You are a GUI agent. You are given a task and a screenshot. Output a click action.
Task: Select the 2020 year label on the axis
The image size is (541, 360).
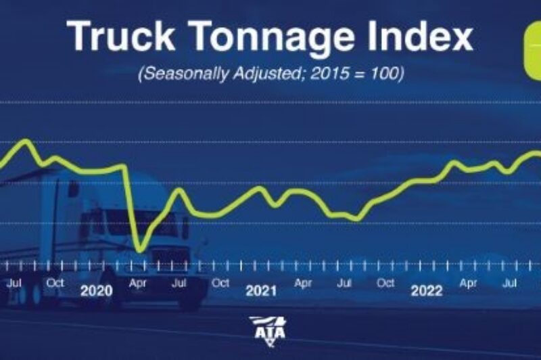(97, 291)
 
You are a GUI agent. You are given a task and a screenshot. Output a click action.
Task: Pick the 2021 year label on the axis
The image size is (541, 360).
(261, 291)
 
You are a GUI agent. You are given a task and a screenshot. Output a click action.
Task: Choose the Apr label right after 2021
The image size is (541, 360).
(303, 284)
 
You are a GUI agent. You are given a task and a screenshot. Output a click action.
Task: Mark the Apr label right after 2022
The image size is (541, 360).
(467, 284)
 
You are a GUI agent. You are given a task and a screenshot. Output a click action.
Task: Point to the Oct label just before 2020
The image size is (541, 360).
(55, 283)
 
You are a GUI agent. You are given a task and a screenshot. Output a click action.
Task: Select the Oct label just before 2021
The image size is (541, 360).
(220, 283)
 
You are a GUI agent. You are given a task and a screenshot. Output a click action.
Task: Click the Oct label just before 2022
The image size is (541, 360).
(385, 283)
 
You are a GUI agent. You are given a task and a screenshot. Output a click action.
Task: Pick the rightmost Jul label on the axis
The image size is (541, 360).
(511, 283)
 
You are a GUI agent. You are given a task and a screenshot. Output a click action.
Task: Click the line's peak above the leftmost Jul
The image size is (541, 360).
(26, 141)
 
